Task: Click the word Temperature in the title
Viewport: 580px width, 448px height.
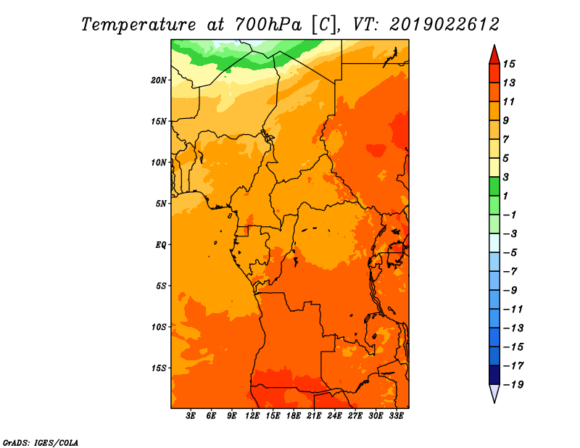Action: pos(138,25)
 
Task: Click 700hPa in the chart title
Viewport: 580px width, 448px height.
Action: pos(268,25)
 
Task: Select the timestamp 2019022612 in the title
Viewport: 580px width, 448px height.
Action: pos(444,25)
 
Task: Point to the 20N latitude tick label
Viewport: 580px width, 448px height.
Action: pos(159,80)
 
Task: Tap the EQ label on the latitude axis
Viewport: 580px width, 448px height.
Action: pos(161,245)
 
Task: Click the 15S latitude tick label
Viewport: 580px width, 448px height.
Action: pos(159,368)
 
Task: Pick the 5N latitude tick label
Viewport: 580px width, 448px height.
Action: pos(161,204)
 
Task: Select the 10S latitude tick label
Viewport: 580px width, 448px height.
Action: pos(159,327)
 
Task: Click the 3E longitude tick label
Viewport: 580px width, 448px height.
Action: pos(191,416)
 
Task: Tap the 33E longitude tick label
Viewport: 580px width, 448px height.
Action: pos(396,416)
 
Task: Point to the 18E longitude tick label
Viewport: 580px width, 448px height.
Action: pos(294,416)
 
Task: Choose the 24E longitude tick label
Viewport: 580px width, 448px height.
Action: pos(334,416)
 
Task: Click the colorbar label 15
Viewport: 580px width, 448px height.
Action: pos(509,64)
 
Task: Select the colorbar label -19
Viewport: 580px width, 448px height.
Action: pos(513,385)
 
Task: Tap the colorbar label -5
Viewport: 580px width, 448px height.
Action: pos(510,253)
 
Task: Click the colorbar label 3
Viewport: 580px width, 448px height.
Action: pos(506,177)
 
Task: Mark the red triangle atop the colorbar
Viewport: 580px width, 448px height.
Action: pos(494,55)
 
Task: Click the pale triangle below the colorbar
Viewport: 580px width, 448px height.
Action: pos(494,393)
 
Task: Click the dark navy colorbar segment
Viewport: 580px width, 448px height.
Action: pos(494,375)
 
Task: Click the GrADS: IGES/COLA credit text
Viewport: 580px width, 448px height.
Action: pos(41,443)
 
